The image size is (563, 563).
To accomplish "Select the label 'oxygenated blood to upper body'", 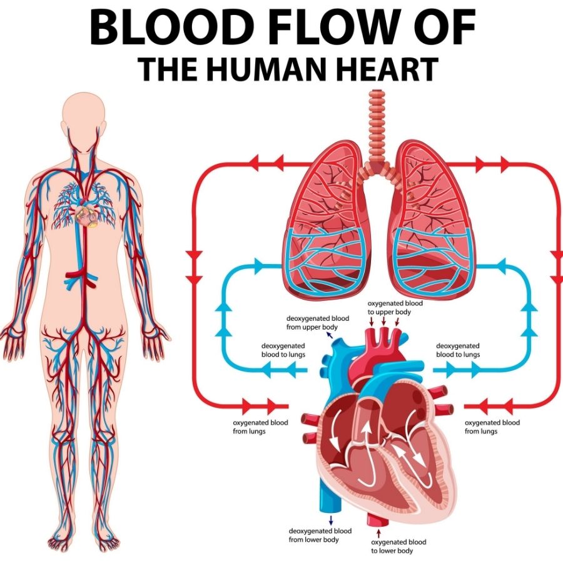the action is click(x=395, y=308).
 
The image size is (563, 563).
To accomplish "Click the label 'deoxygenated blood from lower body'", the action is click(x=320, y=535).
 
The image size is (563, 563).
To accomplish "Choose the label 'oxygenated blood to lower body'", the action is click(x=398, y=546).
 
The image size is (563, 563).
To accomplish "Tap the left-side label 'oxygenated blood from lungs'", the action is click(x=260, y=427).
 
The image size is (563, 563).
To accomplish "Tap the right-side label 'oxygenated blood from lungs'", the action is click(x=492, y=427).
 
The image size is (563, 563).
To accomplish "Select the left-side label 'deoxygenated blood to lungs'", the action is click(x=283, y=350).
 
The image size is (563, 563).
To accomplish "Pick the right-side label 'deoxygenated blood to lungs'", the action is click(x=458, y=350).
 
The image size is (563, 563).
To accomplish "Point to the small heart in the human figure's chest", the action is click(x=86, y=215).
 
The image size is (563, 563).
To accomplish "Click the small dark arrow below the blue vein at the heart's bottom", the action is click(x=331, y=520).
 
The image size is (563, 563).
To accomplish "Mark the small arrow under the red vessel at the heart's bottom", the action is click(x=378, y=532).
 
